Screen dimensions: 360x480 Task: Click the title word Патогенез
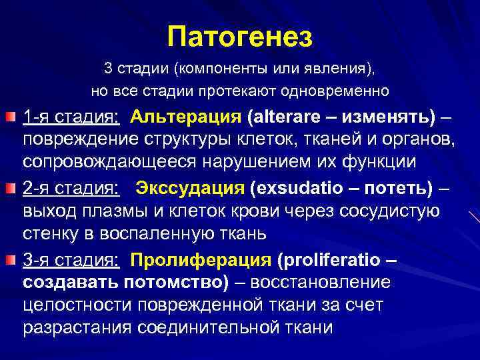click(240, 36)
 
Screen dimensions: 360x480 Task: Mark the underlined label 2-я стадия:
click(71, 189)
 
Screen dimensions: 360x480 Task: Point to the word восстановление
click(319, 282)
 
